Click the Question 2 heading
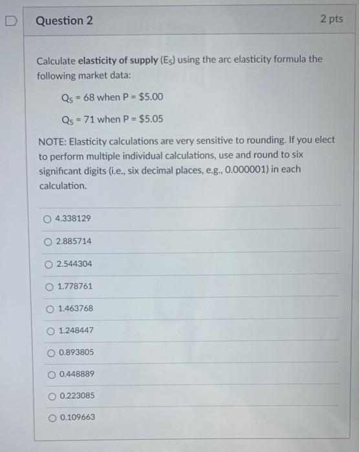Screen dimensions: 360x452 64,21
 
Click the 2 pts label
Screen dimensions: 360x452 331,19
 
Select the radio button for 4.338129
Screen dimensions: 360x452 47,219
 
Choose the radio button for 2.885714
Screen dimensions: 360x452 48,241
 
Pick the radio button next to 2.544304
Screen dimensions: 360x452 48,264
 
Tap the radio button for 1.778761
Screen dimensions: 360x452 49,286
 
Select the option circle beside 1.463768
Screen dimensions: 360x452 50,309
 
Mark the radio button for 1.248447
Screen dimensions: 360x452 50,331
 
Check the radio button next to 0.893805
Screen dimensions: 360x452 50,353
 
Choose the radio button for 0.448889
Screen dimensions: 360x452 50,375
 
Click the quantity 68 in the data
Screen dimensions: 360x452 89,98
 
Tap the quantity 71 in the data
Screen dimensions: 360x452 88,119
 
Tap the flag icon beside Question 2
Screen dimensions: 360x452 11,21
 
